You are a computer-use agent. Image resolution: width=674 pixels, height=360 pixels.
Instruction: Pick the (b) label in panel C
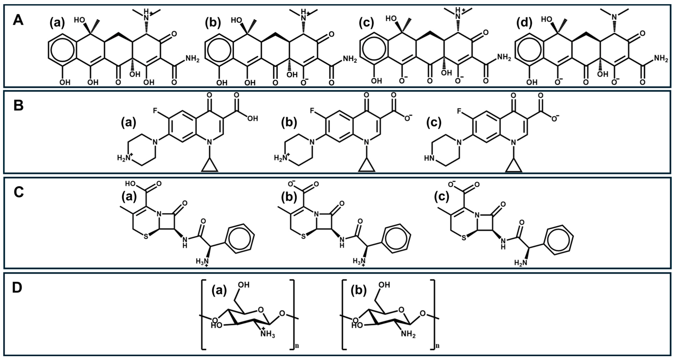coord(289,197)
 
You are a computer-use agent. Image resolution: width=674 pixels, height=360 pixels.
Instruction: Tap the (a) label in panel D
coord(219,290)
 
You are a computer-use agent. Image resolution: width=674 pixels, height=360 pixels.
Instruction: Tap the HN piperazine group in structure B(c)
coord(429,158)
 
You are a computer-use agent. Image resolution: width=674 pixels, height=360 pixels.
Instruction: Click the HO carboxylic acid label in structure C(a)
coord(131,183)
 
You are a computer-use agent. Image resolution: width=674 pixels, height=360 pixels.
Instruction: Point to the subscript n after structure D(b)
coord(437,346)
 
